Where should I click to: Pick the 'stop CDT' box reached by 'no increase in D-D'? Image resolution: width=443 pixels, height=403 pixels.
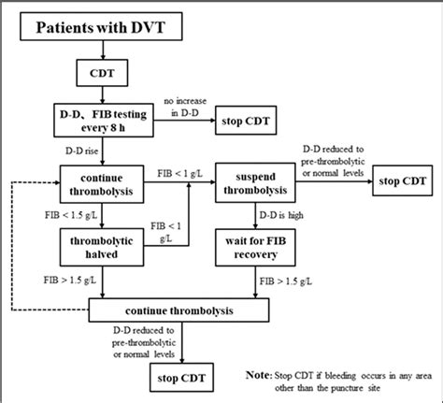point(252,119)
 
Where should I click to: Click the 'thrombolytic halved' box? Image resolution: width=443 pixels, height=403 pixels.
point(101,245)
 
